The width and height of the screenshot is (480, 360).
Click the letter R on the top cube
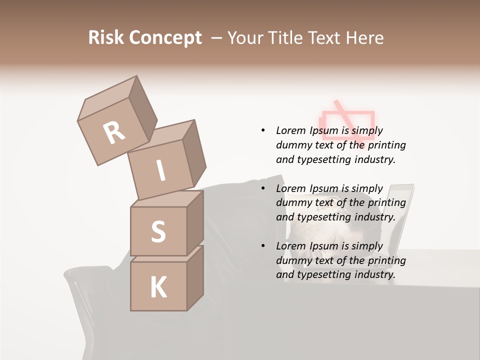(114, 133)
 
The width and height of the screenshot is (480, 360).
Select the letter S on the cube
(158, 231)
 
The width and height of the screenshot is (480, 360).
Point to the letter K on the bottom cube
(158, 287)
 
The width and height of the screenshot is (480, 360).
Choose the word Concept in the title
(165, 38)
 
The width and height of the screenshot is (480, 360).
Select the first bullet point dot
(263, 130)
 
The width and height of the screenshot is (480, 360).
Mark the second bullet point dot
(263, 188)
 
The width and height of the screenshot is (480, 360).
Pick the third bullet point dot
(263, 246)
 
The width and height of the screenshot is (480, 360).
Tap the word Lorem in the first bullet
(291, 130)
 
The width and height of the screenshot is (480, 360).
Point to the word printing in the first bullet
(386, 145)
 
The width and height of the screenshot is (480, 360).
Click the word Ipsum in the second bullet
(326, 188)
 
